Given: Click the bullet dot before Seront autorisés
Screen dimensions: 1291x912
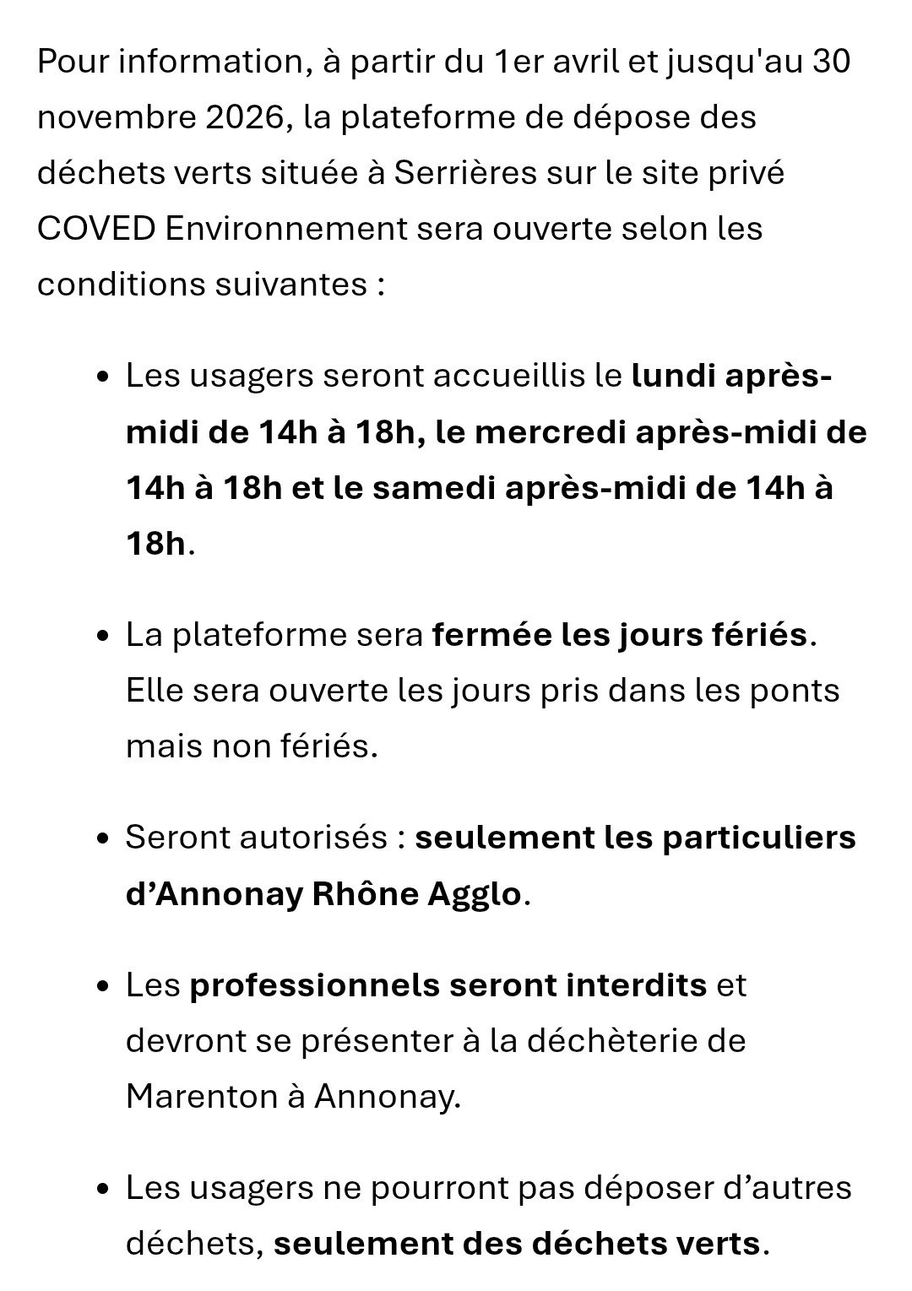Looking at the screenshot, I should coord(102,838).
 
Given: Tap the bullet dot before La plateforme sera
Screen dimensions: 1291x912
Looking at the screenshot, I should coord(102,636).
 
